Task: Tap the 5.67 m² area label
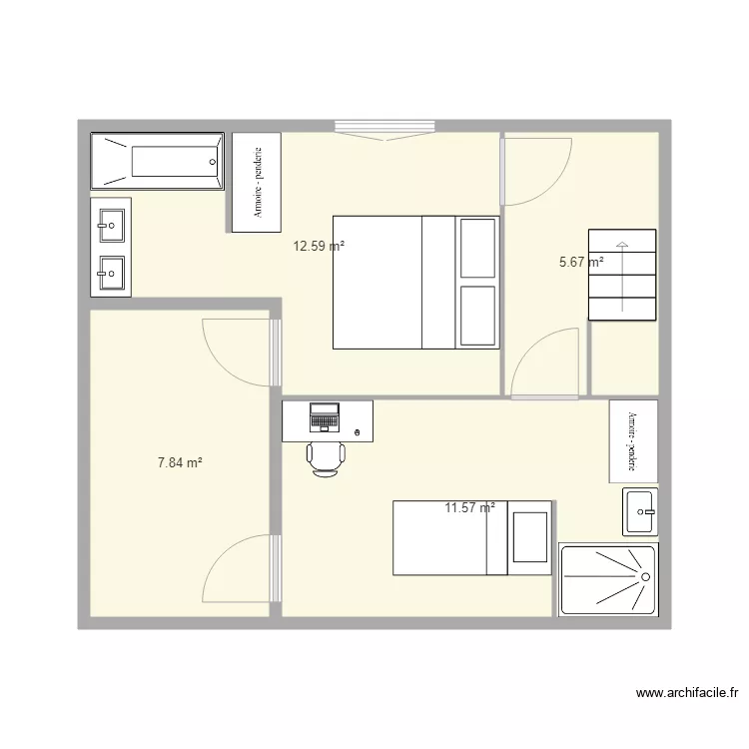[x=581, y=263]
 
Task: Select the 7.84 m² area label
[x=180, y=462]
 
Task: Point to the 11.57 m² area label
[x=469, y=507]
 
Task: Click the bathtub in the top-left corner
[x=157, y=160]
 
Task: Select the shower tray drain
[x=645, y=577]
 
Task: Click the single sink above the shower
[x=640, y=512]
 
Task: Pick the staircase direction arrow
[x=622, y=275]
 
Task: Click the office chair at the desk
[x=326, y=458]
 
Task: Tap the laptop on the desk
[x=325, y=415]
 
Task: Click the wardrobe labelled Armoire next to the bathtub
[x=257, y=182]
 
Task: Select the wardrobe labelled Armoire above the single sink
[x=633, y=440]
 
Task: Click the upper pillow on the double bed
[x=477, y=248]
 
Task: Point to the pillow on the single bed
[x=529, y=537]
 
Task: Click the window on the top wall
[x=384, y=127]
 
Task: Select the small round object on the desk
[x=359, y=431]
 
